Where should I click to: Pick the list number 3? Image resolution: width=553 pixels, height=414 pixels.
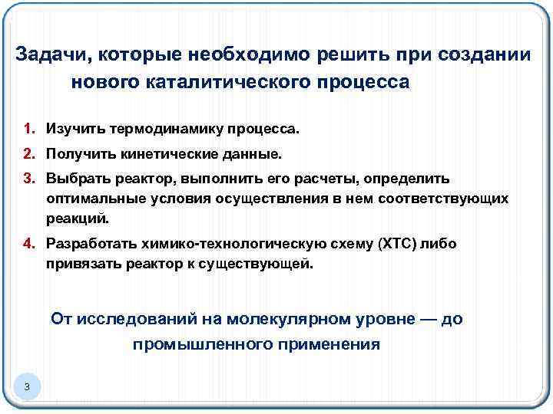tap(28, 179)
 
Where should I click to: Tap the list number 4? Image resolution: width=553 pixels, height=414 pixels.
tap(28, 244)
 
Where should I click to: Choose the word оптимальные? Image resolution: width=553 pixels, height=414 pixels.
tap(87, 199)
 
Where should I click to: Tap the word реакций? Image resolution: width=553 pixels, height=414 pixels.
tap(77, 218)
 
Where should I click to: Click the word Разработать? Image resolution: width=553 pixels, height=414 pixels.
tap(90, 244)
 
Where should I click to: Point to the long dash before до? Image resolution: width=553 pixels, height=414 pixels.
tap(420, 318)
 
